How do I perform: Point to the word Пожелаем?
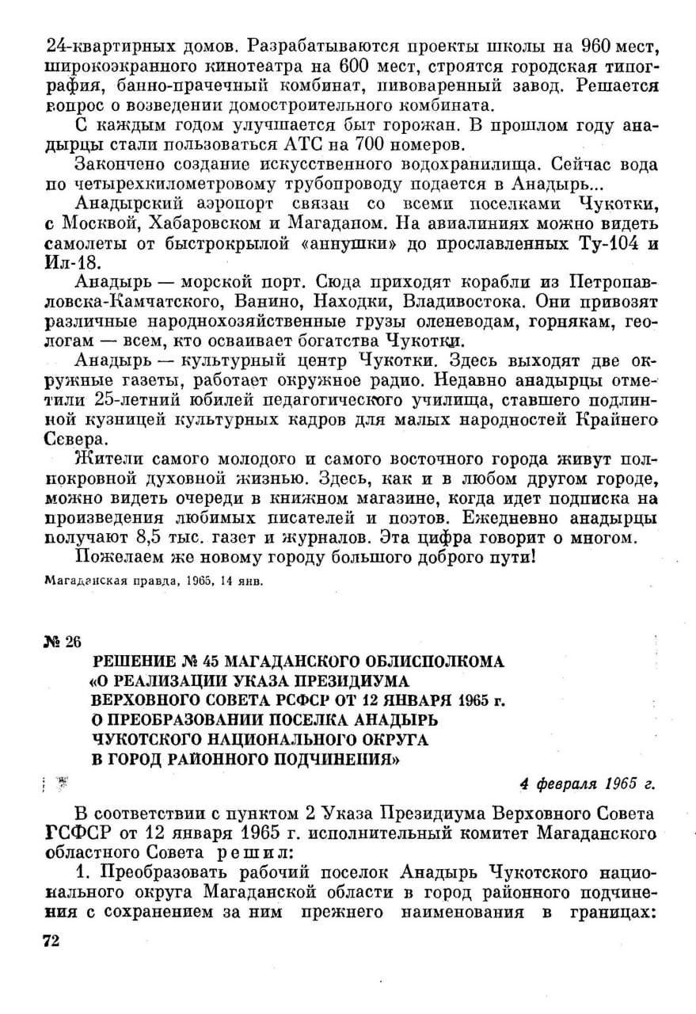coord(113,558)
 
